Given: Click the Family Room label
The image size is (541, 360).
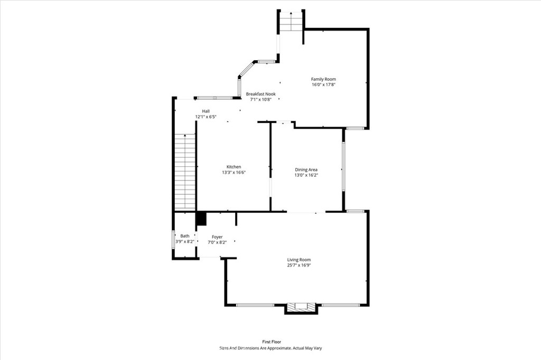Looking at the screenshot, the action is [323, 79].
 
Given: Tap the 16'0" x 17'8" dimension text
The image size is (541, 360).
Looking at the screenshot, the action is [323, 84].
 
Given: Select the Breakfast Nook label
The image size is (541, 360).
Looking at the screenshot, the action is [261, 94].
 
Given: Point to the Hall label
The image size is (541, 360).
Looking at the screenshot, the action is [206, 111].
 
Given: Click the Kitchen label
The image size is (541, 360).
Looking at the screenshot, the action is [234, 167].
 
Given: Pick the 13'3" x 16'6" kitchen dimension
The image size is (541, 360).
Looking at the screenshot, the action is [234, 173].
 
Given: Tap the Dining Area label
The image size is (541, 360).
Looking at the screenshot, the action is [306, 169].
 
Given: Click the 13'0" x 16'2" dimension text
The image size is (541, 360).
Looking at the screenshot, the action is [306, 175].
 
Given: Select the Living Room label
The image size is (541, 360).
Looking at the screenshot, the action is [299, 260].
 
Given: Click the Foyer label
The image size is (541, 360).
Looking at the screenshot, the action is [217, 237].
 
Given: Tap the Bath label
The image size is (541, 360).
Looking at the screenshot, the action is [185, 236].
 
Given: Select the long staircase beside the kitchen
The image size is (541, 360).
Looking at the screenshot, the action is [185, 172].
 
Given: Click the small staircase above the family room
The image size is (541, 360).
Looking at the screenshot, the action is [291, 22].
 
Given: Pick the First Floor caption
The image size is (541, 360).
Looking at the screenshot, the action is [272, 342].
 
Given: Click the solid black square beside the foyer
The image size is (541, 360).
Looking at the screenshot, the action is [201, 219].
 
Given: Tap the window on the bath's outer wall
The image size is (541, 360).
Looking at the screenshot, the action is [173, 239].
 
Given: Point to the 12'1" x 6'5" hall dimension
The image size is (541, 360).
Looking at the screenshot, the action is [206, 117].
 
